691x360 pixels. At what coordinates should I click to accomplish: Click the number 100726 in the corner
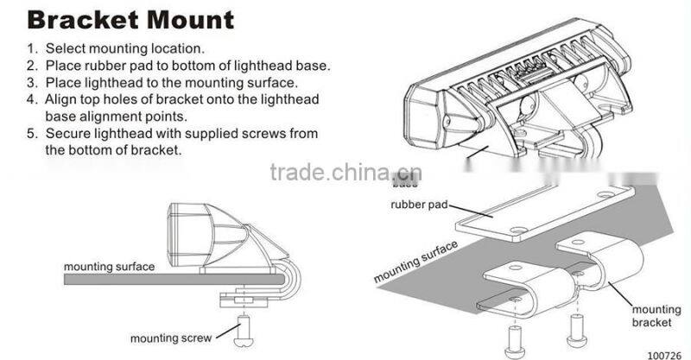click(663, 353)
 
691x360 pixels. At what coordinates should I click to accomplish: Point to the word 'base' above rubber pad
click(404, 184)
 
